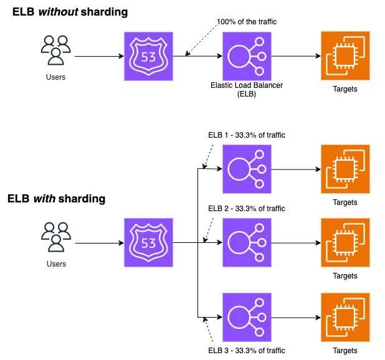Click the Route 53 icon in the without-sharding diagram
(x=148, y=56)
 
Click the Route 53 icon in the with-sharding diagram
(x=148, y=242)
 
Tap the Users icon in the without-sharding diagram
(x=55, y=50)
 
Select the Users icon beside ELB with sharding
(x=56, y=237)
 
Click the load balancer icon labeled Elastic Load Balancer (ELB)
(x=247, y=56)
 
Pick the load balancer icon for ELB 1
(x=247, y=169)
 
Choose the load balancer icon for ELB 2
(x=247, y=242)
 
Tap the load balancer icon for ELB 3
(x=247, y=317)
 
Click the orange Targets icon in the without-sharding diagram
(x=345, y=55)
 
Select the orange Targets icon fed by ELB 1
(x=345, y=169)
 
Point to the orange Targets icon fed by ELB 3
(x=345, y=317)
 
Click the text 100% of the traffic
(x=247, y=22)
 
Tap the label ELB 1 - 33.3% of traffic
(x=247, y=135)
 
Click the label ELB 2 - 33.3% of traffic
(x=247, y=209)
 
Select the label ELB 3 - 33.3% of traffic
(x=247, y=351)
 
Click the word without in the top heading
(x=59, y=12)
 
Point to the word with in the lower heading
(x=44, y=199)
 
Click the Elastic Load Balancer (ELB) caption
(x=247, y=90)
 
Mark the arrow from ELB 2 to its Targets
(x=296, y=243)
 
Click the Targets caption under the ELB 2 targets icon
(x=345, y=276)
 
